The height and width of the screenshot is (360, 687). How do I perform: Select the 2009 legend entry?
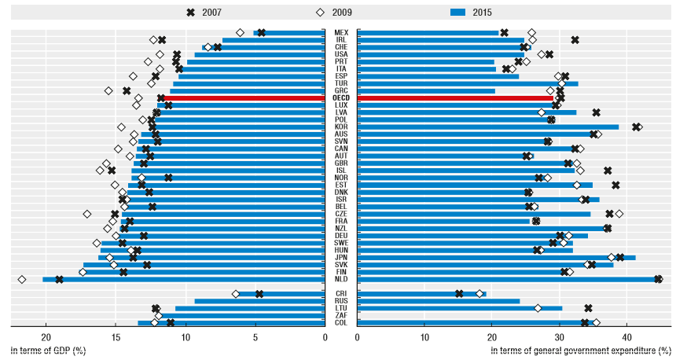(x=333, y=12)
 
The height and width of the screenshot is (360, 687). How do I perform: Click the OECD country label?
(x=341, y=98)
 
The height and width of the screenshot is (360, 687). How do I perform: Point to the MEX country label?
(x=341, y=32)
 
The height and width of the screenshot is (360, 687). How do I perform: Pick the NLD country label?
(x=341, y=279)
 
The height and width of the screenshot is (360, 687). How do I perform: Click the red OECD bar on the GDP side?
(x=244, y=98)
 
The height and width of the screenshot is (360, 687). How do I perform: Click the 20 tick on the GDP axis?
(x=46, y=337)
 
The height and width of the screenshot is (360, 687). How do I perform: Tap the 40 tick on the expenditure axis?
(x=627, y=337)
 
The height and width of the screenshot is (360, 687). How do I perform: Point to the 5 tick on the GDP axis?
(x=255, y=337)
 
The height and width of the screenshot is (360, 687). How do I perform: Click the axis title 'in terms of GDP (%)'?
(x=48, y=350)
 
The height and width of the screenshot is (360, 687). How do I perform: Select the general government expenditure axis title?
(x=580, y=350)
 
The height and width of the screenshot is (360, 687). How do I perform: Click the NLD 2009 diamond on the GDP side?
(x=22, y=279)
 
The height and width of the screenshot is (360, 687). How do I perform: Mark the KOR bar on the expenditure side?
(x=487, y=127)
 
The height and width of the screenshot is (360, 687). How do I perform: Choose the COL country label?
(x=341, y=322)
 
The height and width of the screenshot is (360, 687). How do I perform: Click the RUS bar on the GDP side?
(x=259, y=301)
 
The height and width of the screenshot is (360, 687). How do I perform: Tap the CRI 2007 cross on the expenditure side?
(x=459, y=294)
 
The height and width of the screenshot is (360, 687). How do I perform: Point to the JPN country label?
(x=341, y=257)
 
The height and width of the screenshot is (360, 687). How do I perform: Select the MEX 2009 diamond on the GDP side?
(x=240, y=32)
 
